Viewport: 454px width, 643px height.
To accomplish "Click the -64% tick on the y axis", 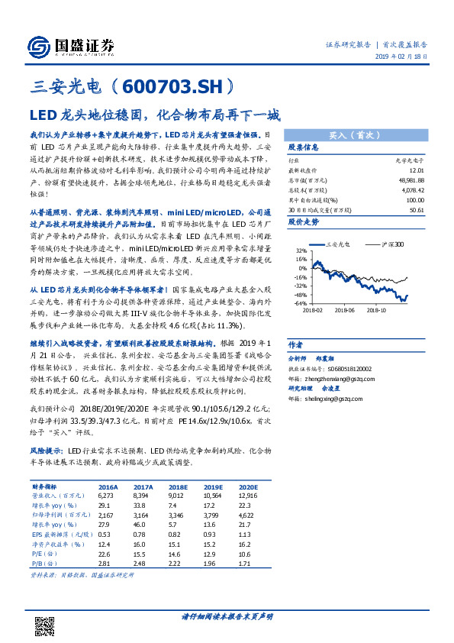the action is (298, 303).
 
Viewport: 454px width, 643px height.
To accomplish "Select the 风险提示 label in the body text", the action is (47, 452).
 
